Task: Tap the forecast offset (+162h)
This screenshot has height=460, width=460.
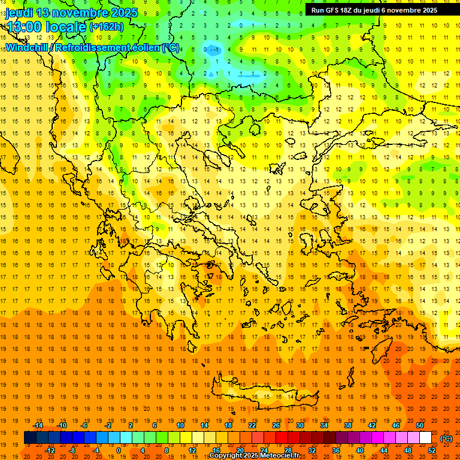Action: click(107, 27)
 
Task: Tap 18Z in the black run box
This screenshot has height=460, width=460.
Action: click(347, 10)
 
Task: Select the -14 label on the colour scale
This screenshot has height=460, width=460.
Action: click(38, 425)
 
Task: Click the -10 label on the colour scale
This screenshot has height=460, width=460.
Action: click(62, 425)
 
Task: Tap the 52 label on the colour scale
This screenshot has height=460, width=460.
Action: click(432, 450)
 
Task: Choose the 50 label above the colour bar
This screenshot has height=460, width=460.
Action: click(420, 425)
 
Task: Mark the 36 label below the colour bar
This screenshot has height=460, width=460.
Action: click(336, 450)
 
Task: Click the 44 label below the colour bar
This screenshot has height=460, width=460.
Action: click(384, 450)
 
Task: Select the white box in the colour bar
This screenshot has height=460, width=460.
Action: click(425, 438)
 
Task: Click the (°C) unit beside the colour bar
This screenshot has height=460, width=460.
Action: click(446, 438)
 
